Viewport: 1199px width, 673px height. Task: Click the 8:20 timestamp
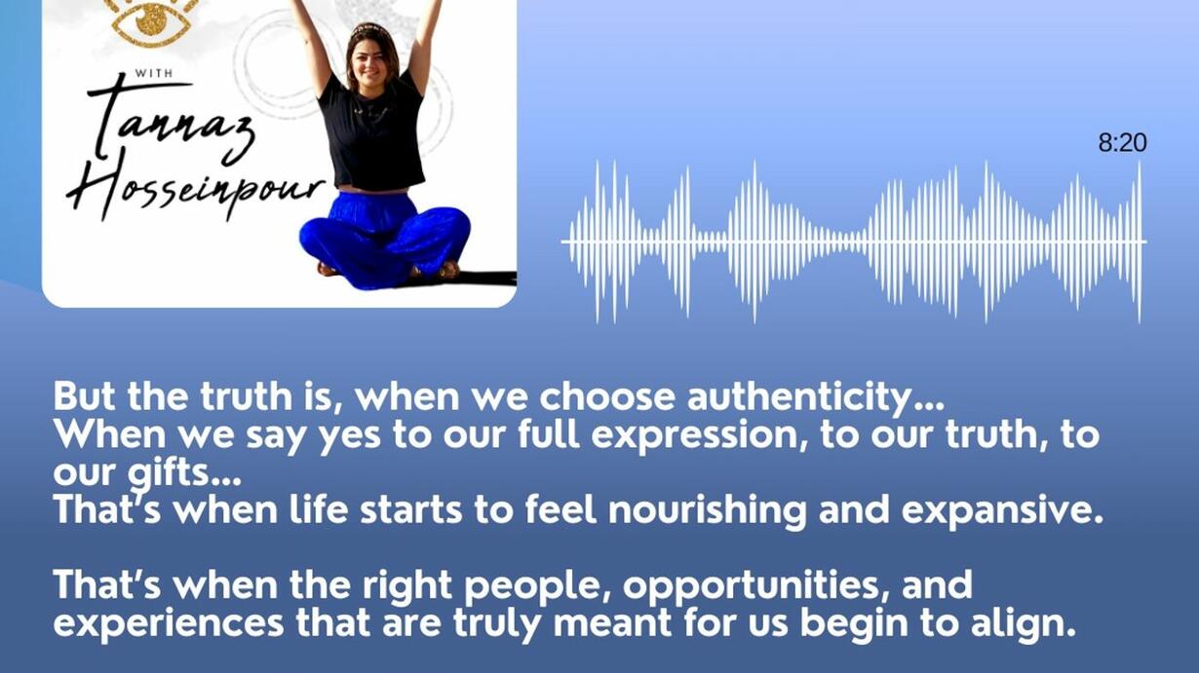pyautogui.click(x=1122, y=143)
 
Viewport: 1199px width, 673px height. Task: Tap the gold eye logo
pyautogui.click(x=151, y=21)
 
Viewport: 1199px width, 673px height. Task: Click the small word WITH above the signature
pyautogui.click(x=154, y=73)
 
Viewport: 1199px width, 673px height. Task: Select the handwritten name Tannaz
pyautogui.click(x=172, y=121)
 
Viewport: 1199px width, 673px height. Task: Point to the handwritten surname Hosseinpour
pyautogui.click(x=195, y=187)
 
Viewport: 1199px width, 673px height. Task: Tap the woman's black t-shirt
pyautogui.click(x=374, y=131)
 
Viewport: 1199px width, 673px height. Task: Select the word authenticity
pyautogui.click(x=815, y=398)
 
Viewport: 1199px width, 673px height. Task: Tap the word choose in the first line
pyautogui.click(x=607, y=397)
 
